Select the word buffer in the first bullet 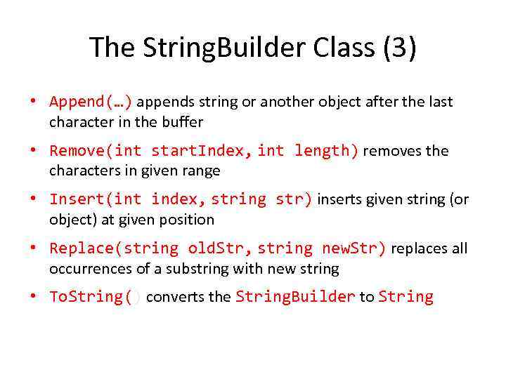tap(184, 122)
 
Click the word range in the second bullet tap(203, 171)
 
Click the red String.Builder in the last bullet tap(295, 297)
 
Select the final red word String tap(406, 297)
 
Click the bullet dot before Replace tap(33, 248)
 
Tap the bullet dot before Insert tap(33, 199)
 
